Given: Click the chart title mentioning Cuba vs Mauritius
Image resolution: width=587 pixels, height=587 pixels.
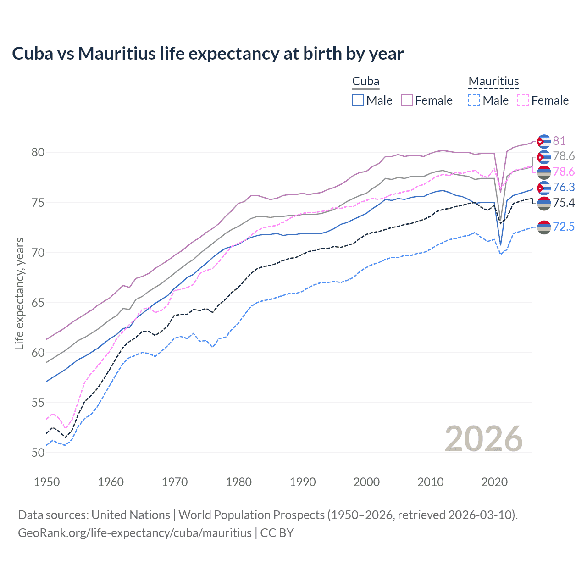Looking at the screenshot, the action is tap(208, 54).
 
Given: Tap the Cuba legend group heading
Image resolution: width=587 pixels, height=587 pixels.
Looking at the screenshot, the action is tap(365, 82).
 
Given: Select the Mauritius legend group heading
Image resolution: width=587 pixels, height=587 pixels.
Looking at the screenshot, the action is tap(493, 82).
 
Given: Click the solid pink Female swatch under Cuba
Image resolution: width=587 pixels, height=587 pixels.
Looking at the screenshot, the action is tap(407, 100).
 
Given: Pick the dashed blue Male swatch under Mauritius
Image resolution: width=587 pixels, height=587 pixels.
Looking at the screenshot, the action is tap(474, 100).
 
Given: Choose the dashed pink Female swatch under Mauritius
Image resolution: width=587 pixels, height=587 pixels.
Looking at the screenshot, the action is tap(523, 100).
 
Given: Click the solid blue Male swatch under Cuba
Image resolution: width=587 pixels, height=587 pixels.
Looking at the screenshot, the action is tap(358, 100).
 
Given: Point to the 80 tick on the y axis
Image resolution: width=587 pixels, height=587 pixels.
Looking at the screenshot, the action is tap(38, 153).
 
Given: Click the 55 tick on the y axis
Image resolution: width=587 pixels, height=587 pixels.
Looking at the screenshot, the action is tap(38, 403).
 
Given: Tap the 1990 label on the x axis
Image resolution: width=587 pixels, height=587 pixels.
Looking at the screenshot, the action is tap(302, 482).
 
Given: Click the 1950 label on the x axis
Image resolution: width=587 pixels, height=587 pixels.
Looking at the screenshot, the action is tap(47, 482).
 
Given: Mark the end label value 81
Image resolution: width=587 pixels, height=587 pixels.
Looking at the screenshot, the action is tap(559, 141).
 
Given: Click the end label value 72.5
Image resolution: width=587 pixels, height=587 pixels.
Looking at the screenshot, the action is tap(564, 227).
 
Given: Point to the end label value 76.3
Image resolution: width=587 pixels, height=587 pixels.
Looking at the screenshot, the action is tap(564, 187).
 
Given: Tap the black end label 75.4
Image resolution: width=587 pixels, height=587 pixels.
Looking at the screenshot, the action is tap(564, 203).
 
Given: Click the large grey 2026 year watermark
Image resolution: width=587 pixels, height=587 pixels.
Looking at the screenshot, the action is tap(483, 439).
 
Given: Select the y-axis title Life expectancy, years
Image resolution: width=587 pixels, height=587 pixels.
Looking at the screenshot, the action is tap(19, 293).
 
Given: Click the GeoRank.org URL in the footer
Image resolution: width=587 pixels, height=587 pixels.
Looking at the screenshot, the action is tap(135, 533).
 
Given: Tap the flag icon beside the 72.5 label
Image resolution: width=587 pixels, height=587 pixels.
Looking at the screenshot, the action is tap(544, 227).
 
